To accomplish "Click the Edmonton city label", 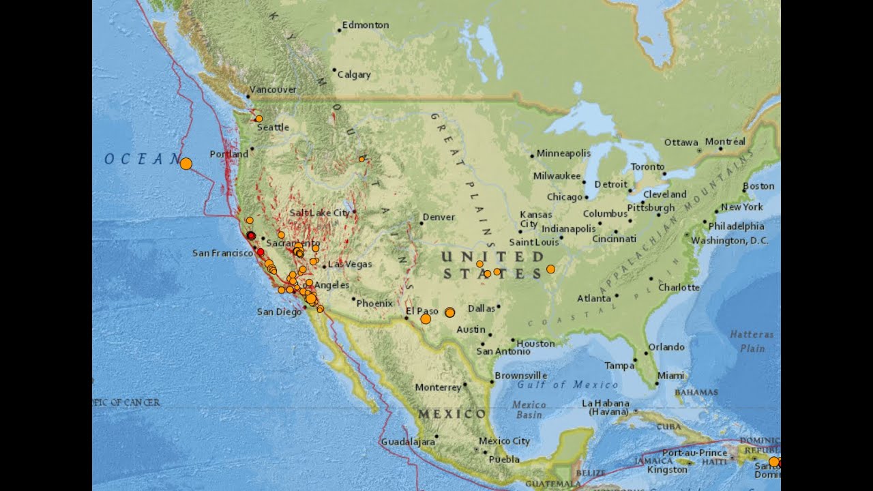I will point(366,25).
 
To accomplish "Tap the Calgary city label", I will point(354,74).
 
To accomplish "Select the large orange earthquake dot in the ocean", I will point(186,163).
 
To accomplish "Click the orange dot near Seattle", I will point(258,119).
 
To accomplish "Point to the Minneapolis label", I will point(563,153).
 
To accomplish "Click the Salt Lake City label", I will point(319,213).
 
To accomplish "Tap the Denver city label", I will point(439,218).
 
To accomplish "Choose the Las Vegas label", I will point(350,264).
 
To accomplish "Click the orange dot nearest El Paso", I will point(426,318).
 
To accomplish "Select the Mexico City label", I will point(504,441).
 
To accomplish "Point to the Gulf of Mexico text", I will point(558,385).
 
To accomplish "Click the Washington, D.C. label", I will point(729,241).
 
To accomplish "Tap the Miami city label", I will point(670,376).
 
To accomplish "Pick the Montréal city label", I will point(725,142).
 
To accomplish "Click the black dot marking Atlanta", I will point(617,296).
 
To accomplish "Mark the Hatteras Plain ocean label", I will point(752,341).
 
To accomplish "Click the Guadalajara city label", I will point(408,442).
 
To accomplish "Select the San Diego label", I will point(279,312).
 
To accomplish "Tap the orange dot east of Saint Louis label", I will point(550,269).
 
